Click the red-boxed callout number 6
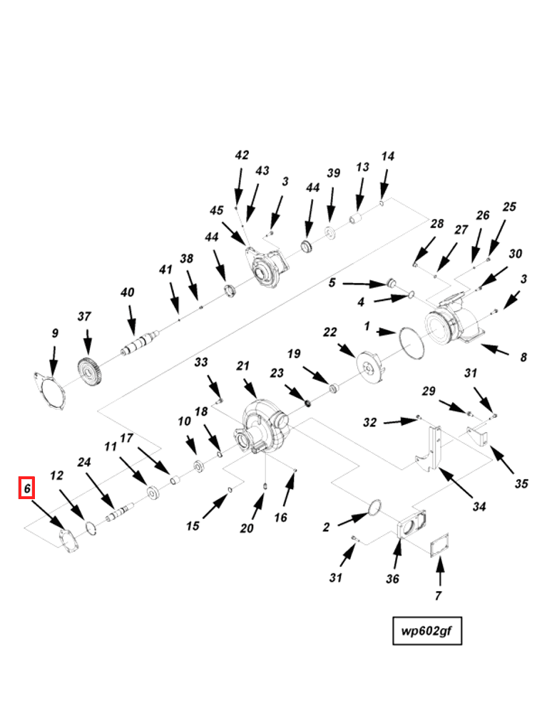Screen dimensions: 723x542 pos(26,488)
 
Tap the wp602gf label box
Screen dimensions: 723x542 pos(427,630)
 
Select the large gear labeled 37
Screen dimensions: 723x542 pos(90,372)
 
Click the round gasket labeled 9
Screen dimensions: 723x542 pos(51,392)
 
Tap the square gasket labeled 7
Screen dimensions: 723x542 pos(439,546)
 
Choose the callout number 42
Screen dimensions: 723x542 pos(242,155)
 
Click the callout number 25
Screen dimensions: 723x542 pos(508,207)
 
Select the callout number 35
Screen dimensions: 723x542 pos(521,483)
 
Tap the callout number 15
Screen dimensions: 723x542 pos(193,526)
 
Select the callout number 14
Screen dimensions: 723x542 pos(387,156)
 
